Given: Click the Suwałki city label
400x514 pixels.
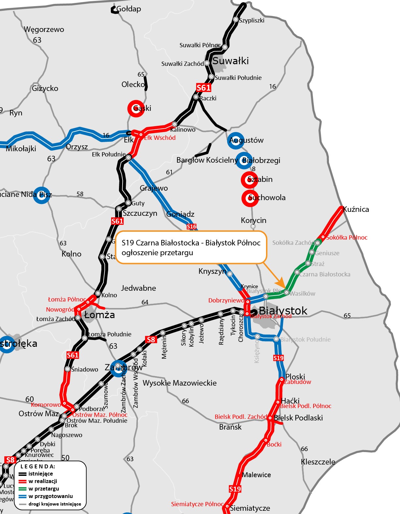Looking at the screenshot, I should pos(230,61).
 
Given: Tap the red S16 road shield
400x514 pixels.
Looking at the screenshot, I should pos(192,227).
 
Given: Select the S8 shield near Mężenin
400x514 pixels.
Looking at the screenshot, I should pos(151,340).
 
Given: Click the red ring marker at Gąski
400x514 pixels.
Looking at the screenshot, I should pos(136,108).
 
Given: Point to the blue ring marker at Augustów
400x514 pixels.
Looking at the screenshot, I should pos(235,140).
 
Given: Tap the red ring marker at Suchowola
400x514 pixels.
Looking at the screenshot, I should pos(250,198).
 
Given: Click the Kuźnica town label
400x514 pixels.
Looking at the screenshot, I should pos(356,209).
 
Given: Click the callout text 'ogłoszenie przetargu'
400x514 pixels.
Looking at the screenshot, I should pos(157,253).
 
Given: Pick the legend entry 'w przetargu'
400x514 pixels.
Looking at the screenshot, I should pos(44,489).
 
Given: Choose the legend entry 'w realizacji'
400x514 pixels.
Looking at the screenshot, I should pos(43,481).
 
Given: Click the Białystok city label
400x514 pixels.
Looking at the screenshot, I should pos(283,311).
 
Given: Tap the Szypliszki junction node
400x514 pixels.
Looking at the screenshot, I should pos(236,20).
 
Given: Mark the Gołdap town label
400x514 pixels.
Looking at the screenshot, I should pos(129,9).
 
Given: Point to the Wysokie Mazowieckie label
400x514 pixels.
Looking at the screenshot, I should pos(180,383).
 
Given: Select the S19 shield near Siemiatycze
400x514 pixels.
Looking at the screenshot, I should pos(235,489).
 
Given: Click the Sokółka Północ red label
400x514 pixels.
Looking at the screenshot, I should pos(347,238).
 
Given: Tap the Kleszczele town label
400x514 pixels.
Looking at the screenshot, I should pos(318,462).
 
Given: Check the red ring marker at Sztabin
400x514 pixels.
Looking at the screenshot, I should pos(249,180).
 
